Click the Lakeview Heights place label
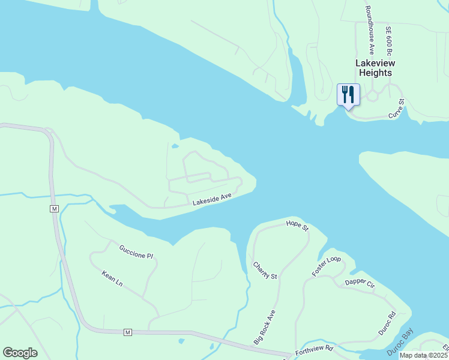373,68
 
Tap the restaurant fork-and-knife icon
348,95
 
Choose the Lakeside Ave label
212,199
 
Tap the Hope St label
297,226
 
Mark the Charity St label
265,270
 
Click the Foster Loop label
326,266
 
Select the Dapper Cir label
360,283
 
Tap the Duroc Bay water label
402,340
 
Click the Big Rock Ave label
264,327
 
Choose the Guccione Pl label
136,252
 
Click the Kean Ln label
112,278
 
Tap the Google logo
20,353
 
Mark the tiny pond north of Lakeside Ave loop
175,146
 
